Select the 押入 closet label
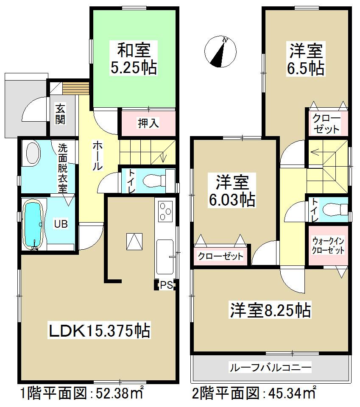pyautogui.click(x=148, y=123)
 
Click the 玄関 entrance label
pyautogui.click(x=60, y=114)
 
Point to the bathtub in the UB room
pyautogui.click(x=33, y=225)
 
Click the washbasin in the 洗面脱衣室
pyautogui.click(x=33, y=152)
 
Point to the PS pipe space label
pyautogui.click(x=166, y=285)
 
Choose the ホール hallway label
pyautogui.click(x=97, y=155)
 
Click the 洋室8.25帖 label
pyautogui.click(x=270, y=310)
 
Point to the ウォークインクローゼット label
pyautogui.click(x=328, y=246)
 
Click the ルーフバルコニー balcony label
pyautogui.click(x=270, y=367)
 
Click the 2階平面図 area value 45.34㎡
pyautogui.click(x=293, y=393)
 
